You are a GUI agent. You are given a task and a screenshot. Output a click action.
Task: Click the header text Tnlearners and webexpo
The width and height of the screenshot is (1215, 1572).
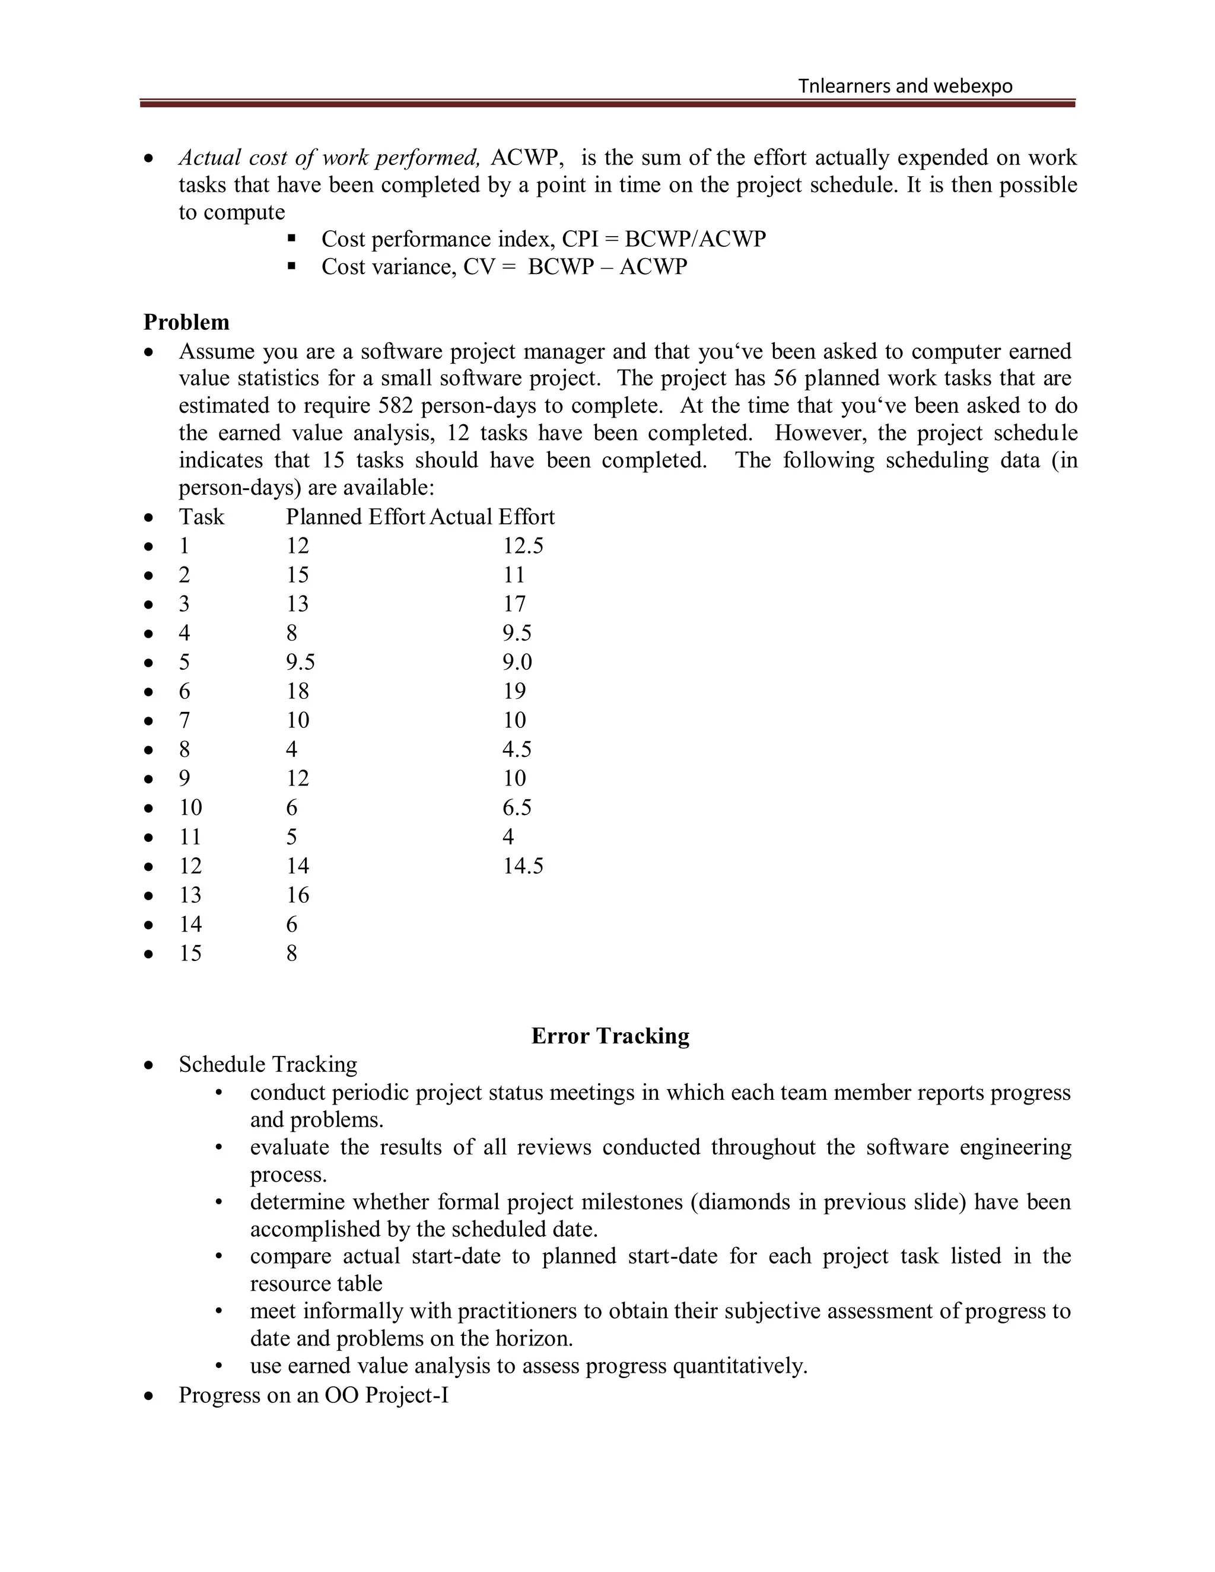click(x=905, y=87)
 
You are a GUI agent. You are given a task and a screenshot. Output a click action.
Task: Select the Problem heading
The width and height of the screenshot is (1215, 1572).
click(x=186, y=322)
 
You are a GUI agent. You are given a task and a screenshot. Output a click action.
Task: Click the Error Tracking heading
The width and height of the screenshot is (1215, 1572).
click(x=610, y=1035)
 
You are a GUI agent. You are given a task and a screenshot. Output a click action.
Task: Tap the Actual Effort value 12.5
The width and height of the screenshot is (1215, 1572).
click(x=523, y=546)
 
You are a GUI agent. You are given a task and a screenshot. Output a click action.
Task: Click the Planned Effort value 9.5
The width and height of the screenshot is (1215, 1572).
click(x=300, y=661)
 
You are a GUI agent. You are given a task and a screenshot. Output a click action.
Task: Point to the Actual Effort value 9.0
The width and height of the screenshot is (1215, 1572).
click(x=517, y=661)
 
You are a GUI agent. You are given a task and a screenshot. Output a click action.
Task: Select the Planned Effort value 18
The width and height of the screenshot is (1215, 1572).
click(x=297, y=691)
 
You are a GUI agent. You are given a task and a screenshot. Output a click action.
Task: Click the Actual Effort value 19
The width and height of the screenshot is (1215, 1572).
click(x=514, y=691)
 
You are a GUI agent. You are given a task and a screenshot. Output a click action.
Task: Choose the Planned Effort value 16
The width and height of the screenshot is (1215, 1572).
click(x=297, y=895)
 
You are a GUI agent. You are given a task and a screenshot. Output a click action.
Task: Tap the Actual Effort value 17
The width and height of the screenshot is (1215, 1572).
click(x=514, y=603)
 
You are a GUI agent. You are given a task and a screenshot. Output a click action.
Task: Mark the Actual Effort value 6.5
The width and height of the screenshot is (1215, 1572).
click(x=517, y=807)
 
